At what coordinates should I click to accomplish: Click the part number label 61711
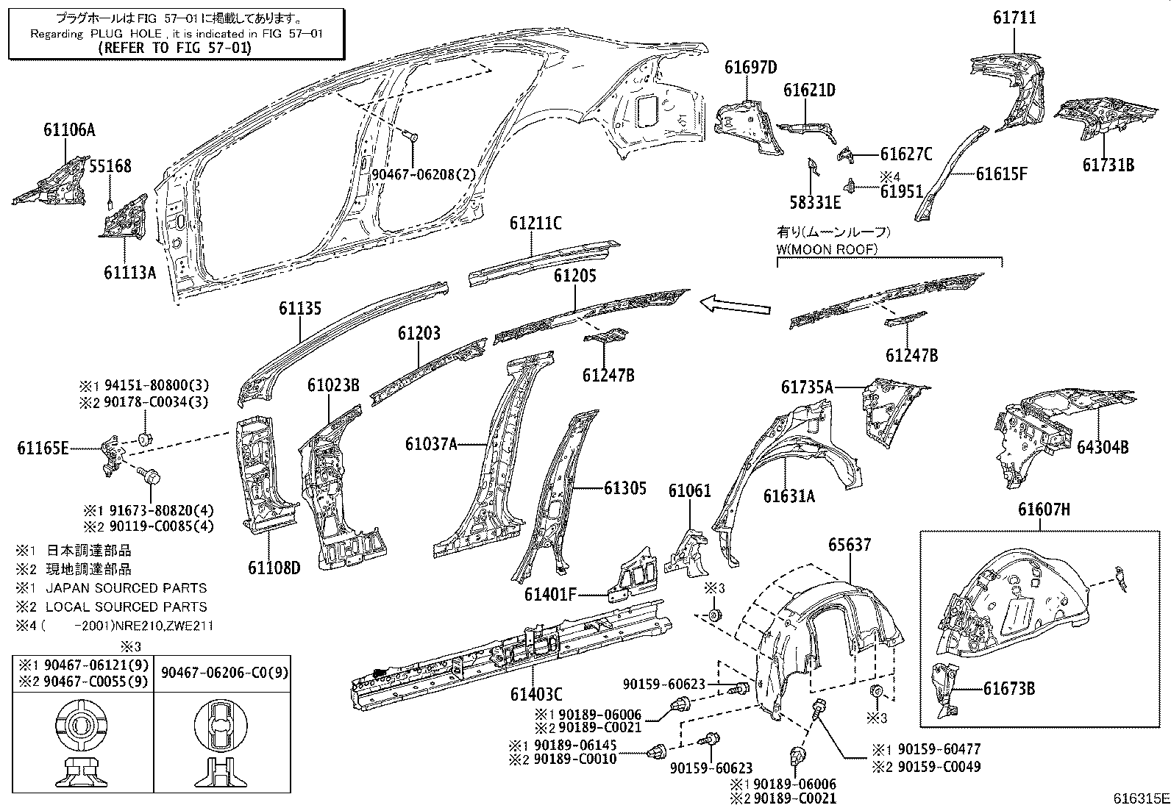click(1014, 18)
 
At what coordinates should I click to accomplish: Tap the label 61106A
click(69, 131)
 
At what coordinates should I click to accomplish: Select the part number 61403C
click(536, 693)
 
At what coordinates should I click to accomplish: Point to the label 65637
click(850, 545)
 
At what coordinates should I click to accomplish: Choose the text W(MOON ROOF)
click(827, 249)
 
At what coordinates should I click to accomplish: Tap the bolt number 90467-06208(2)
click(424, 174)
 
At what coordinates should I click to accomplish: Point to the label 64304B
click(1103, 447)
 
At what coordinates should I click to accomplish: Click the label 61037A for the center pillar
click(431, 444)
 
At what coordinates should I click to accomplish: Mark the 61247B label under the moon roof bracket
click(911, 356)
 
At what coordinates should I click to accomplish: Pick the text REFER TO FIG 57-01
click(174, 48)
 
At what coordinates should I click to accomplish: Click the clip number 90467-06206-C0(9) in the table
click(225, 673)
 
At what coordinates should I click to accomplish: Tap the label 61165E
click(43, 447)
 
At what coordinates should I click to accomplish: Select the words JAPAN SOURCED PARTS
click(126, 588)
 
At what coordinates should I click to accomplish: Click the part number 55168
click(110, 166)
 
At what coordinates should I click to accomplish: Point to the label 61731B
click(1108, 165)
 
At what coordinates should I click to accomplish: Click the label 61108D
click(274, 568)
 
